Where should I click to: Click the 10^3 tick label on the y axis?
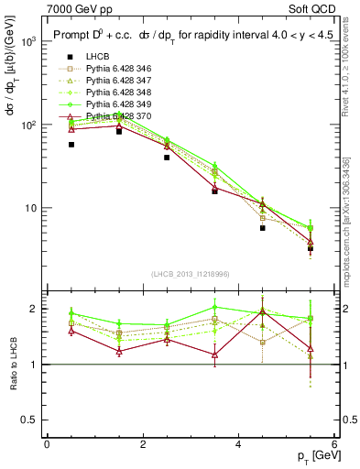(x=28, y=41)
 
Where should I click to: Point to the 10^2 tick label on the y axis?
(x=28, y=125)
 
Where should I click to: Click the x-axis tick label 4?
(x=238, y=444)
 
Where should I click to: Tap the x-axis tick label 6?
(x=333, y=444)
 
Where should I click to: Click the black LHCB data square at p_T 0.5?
(x=71, y=145)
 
